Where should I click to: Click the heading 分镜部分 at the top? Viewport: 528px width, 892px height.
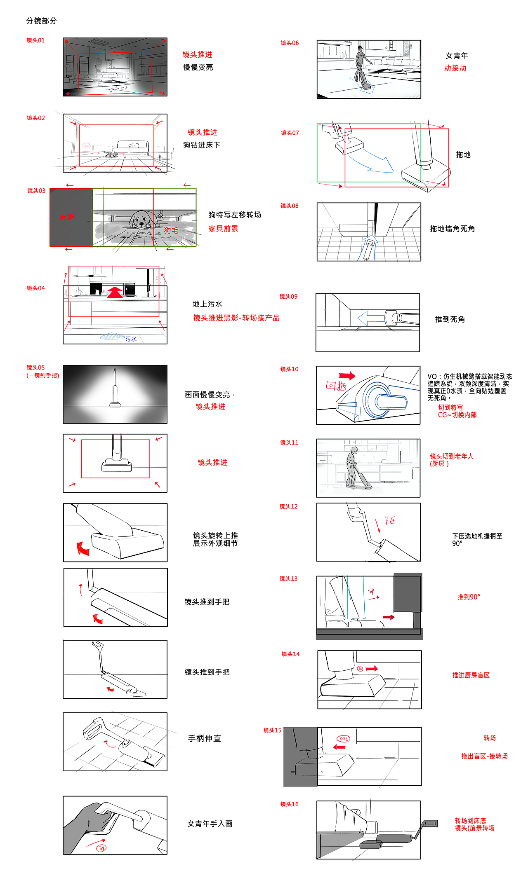tap(41, 21)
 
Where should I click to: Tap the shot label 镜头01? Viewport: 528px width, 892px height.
tap(35, 40)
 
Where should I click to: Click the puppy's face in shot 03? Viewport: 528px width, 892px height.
tap(140, 220)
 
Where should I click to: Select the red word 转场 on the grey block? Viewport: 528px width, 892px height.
tap(66, 217)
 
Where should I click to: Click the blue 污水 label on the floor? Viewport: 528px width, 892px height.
tap(131, 339)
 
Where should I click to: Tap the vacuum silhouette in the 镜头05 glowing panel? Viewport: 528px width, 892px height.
tap(115, 389)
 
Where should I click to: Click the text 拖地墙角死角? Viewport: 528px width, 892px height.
tap(452, 229)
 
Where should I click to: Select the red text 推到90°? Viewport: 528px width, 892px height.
tap(468, 597)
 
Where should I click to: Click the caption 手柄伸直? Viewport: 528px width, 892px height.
tap(204, 738)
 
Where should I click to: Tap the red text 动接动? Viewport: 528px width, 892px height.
tap(455, 68)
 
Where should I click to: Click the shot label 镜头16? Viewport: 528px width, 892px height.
tap(289, 804)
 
